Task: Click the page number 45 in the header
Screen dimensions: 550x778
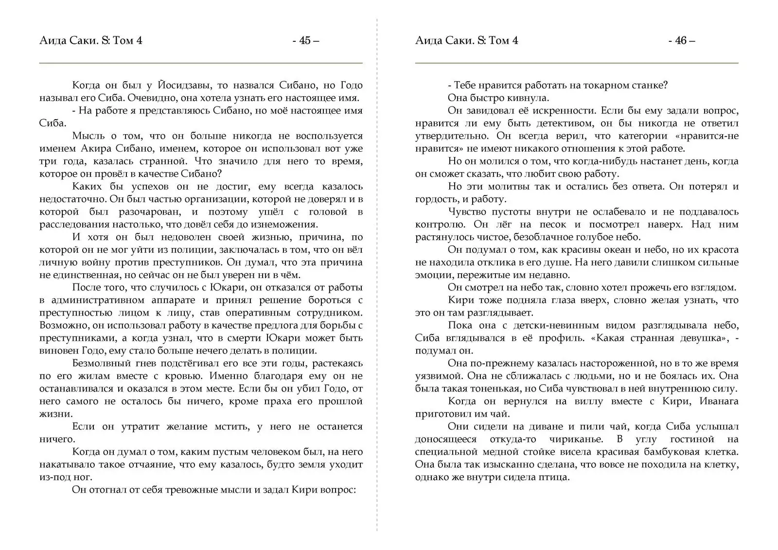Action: [305, 41]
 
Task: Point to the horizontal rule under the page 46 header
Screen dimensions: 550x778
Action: [576, 63]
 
